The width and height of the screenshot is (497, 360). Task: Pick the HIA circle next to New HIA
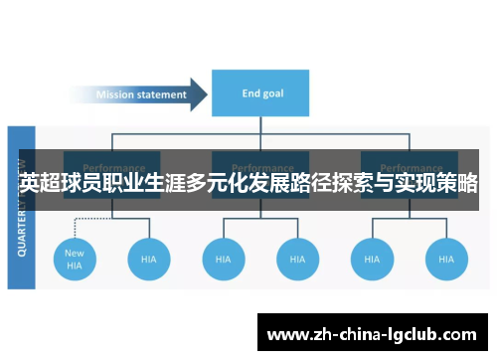[x=149, y=259]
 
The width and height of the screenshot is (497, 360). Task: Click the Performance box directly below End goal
[x=260, y=164]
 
